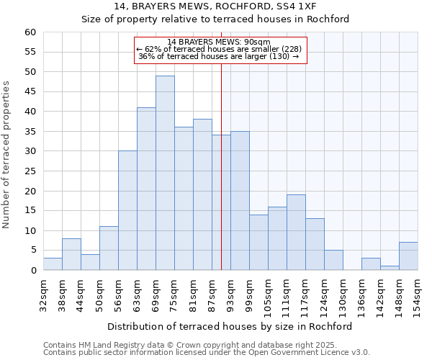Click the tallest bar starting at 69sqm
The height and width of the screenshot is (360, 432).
pyautogui.click(x=165, y=173)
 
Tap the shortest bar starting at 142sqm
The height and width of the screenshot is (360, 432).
pyautogui.click(x=390, y=268)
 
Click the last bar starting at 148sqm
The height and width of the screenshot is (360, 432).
pyautogui.click(x=408, y=256)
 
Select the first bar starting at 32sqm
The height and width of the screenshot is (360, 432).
pyautogui.click(x=53, y=264)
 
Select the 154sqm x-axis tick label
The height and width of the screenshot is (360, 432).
pyautogui.click(x=418, y=293)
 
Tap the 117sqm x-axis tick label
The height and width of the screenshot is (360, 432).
pyautogui.click(x=305, y=293)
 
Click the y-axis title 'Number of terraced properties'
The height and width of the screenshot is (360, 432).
pyautogui.click(x=7, y=155)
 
